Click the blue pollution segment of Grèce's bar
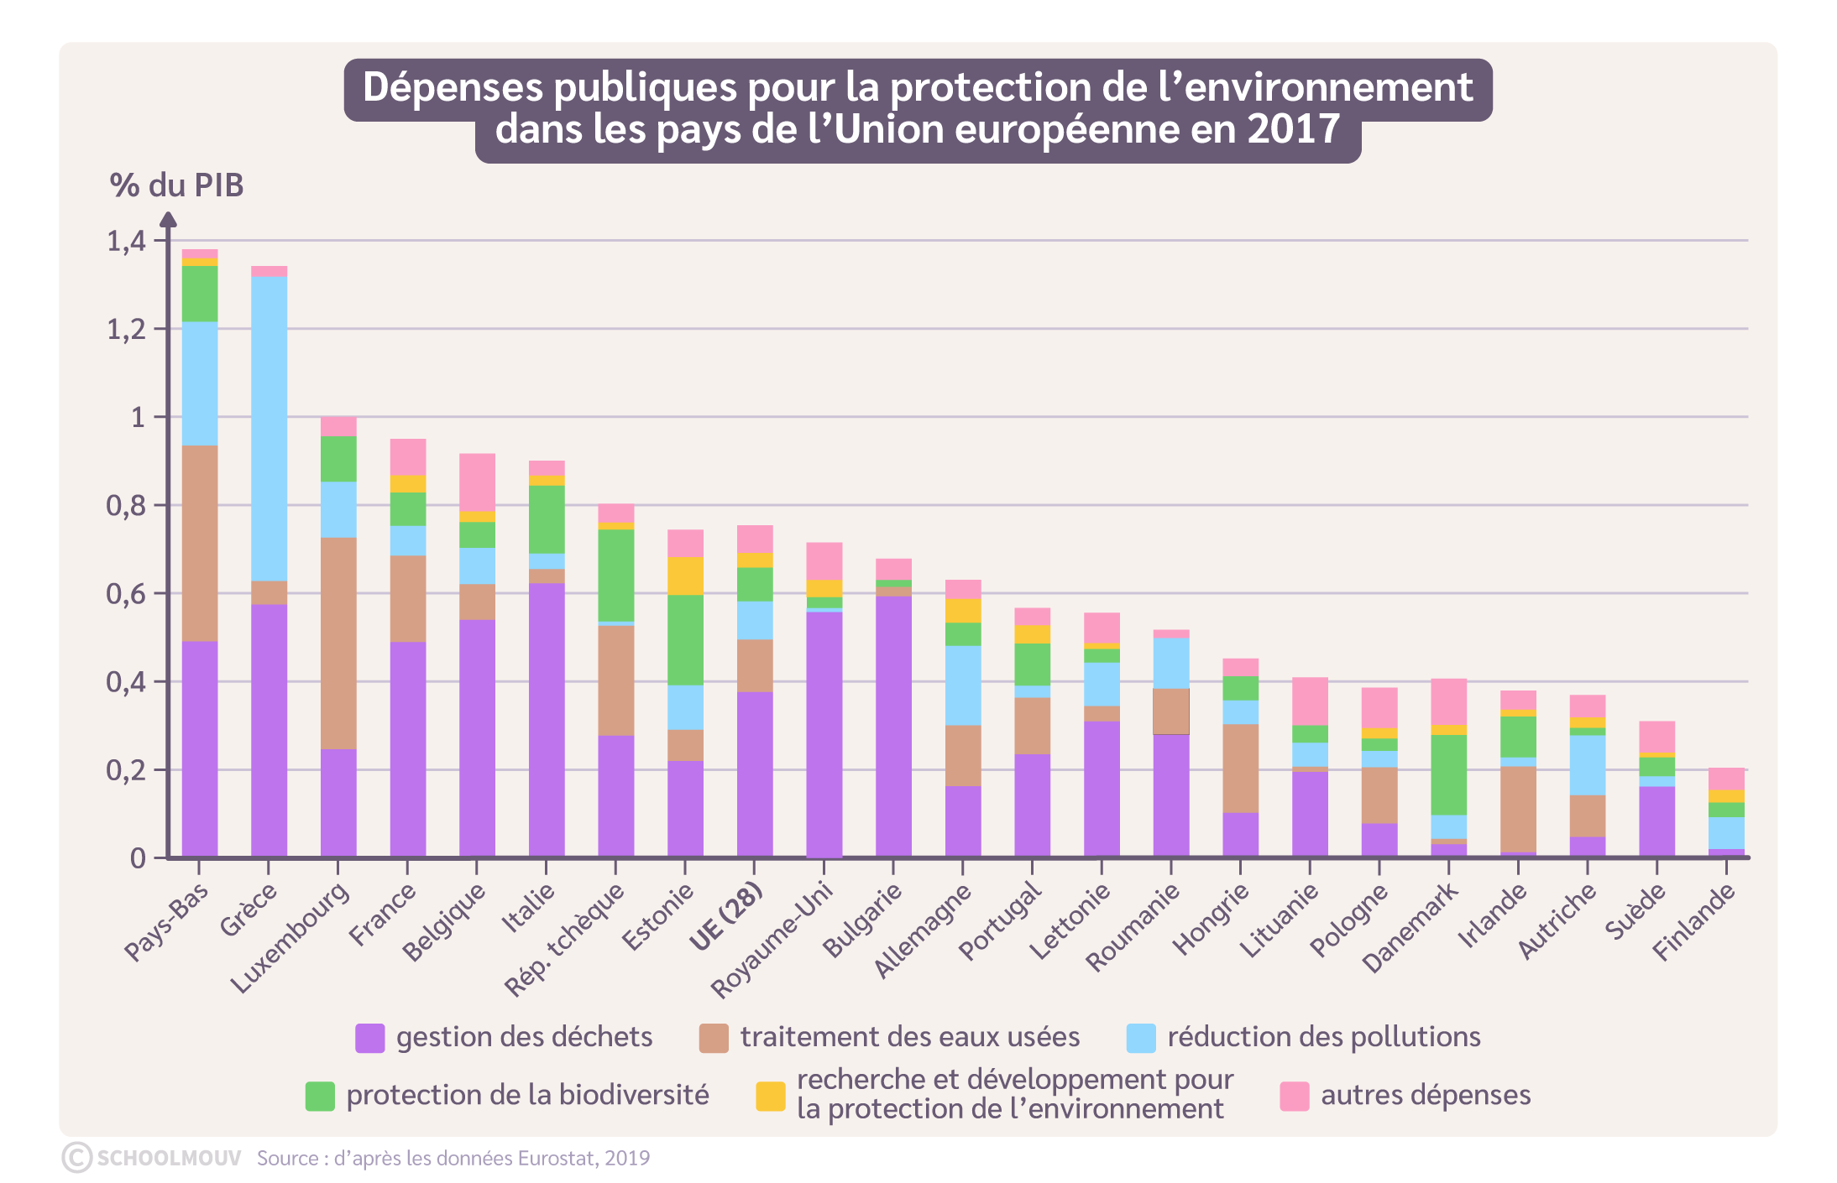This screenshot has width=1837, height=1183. [x=269, y=428]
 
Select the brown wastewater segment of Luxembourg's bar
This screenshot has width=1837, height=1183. [x=338, y=643]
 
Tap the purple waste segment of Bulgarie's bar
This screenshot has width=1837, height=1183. [x=893, y=726]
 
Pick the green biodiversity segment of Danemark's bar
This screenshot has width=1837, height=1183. [x=1448, y=774]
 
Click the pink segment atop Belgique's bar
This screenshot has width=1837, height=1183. [x=477, y=482]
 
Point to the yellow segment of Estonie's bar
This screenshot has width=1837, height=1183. [x=685, y=576]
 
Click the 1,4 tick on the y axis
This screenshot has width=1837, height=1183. [x=126, y=242]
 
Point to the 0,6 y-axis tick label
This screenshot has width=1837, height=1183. [x=126, y=594]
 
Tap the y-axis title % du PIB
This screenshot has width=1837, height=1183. [x=176, y=185]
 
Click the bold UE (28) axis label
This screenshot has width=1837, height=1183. [x=726, y=917]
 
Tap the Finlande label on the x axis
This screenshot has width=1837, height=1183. [x=1693, y=922]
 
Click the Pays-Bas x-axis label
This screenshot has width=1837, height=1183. [x=166, y=922]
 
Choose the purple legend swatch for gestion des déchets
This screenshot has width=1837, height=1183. [x=369, y=1038]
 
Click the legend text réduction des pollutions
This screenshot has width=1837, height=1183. [x=1323, y=1037]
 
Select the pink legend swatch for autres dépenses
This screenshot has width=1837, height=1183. [x=1294, y=1096]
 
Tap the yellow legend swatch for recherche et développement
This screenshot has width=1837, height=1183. [x=770, y=1096]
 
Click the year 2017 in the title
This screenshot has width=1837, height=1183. [x=1293, y=130]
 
